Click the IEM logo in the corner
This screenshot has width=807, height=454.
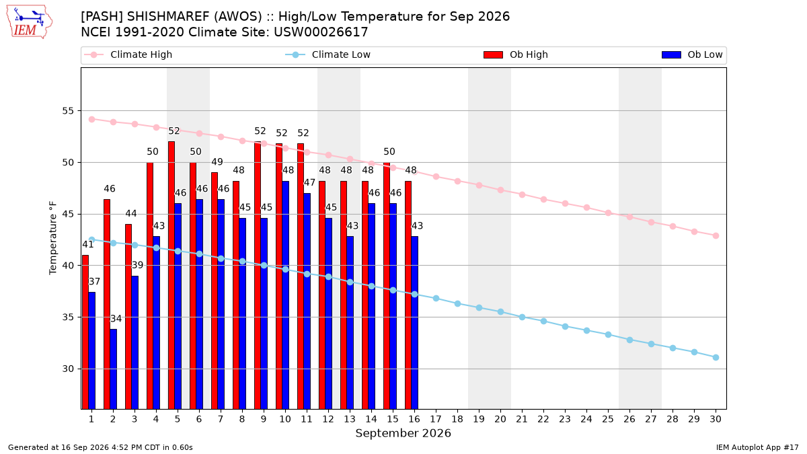30,22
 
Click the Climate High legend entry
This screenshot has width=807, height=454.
128,54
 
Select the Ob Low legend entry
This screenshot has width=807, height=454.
692,54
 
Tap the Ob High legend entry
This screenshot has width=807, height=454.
516,54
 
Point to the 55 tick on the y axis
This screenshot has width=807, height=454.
68,110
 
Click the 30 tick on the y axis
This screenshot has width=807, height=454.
68,369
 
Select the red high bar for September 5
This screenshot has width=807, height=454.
171,275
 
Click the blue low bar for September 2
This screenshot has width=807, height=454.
113,369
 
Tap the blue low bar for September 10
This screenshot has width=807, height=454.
285,295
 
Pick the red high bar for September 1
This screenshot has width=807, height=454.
85,332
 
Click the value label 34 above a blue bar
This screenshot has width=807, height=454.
116,319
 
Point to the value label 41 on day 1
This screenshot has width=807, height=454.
88,245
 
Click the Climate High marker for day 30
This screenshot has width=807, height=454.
716,235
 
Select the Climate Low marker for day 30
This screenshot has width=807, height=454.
716,357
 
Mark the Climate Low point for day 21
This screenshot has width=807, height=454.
522,317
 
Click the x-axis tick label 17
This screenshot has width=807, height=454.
436,420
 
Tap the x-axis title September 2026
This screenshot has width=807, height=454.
403,433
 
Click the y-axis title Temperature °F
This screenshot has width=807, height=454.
53,238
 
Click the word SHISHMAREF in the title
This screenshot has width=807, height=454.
168,17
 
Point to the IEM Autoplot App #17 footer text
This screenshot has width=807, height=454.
757,447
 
